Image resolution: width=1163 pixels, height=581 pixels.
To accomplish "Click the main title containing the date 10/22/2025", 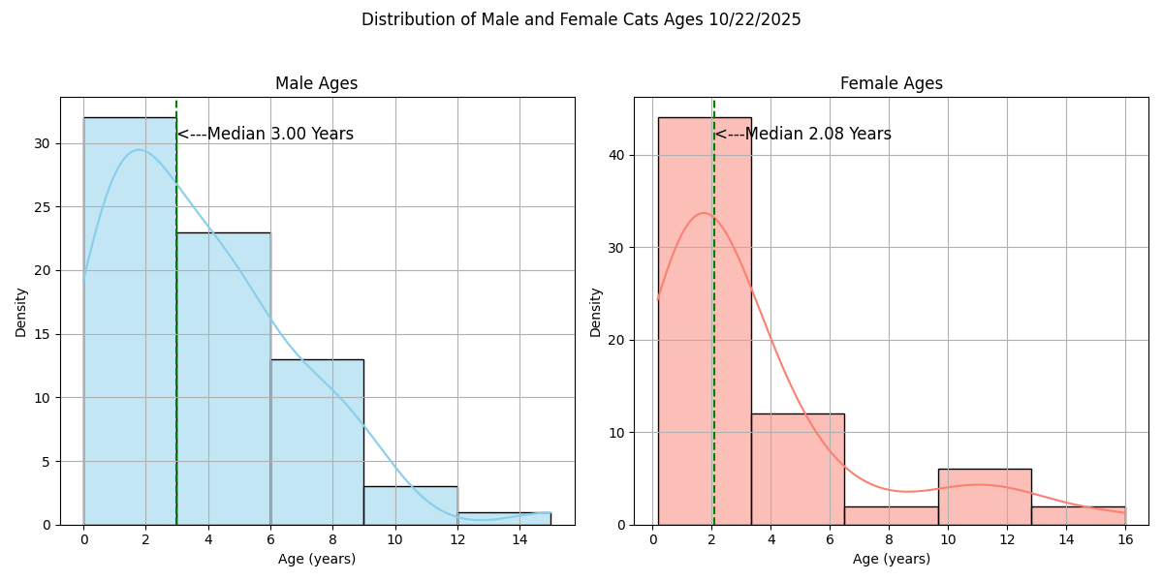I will (581, 19).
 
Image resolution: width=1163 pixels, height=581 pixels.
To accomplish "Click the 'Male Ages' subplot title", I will (316, 83).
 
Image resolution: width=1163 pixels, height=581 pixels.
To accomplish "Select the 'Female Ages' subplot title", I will (891, 83).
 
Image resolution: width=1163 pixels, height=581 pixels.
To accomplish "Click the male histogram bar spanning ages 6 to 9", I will (317, 442).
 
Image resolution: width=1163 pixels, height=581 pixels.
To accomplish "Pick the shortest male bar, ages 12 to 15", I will (504, 518).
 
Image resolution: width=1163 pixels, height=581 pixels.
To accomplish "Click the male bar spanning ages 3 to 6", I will (223, 378).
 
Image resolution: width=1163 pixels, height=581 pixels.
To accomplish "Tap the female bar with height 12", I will (798, 469).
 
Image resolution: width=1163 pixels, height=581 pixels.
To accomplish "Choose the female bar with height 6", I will (985, 497).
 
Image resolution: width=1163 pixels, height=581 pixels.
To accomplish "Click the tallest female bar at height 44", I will (705, 321).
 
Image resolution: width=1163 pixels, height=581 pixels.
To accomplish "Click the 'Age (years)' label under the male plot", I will (317, 559).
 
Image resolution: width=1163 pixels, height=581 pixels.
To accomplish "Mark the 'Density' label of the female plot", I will (596, 311).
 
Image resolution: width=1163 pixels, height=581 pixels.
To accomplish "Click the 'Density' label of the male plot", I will (21, 311).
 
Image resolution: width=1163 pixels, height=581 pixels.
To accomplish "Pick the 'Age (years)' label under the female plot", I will (891, 559).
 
